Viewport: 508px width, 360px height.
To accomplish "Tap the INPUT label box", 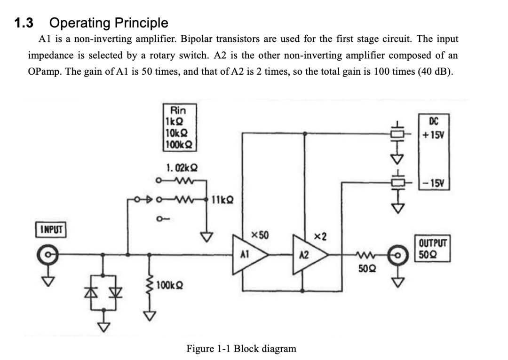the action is (x=51, y=229).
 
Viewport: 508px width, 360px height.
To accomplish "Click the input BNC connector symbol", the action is (x=48, y=255).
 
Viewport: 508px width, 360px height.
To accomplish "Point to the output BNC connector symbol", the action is (x=398, y=255).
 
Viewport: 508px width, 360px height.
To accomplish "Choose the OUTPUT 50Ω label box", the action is (x=433, y=249).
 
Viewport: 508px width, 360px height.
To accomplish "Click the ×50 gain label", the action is (x=260, y=235).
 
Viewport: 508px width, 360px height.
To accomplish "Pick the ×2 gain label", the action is (x=320, y=237).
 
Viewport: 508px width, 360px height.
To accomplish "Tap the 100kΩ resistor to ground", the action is (x=150, y=284).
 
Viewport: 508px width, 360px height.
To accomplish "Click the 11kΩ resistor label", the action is (x=222, y=200).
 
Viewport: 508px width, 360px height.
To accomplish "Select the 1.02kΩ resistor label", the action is (x=182, y=168).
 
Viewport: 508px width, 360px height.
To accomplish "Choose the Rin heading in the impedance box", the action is (x=178, y=110).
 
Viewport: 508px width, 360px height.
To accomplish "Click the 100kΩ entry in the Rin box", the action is (x=179, y=144).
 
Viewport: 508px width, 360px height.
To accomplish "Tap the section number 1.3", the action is (x=24, y=23).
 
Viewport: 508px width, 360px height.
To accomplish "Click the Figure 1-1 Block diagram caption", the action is (x=241, y=349).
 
